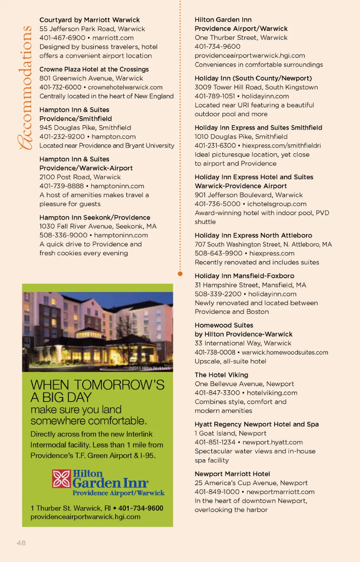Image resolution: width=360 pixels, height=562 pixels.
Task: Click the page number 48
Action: click(x=21, y=543)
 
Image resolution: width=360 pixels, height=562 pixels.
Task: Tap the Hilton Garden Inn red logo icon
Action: click(x=62, y=479)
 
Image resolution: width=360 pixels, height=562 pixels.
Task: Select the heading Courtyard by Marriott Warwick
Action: click(x=89, y=20)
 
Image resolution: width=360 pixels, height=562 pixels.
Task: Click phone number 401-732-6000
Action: click(x=60, y=87)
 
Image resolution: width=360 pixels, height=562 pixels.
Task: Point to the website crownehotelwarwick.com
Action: click(x=125, y=87)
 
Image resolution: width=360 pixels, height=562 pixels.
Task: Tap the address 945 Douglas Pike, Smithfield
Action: click(x=85, y=127)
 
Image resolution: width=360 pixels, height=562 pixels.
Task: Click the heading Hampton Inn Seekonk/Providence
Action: click(x=95, y=217)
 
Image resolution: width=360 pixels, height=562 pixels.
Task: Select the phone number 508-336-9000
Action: click(x=63, y=235)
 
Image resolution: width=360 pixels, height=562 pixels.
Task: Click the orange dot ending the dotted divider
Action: click(x=180, y=274)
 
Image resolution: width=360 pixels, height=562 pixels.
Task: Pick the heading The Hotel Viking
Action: click(x=221, y=375)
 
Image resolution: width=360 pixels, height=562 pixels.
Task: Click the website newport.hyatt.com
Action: click(x=272, y=442)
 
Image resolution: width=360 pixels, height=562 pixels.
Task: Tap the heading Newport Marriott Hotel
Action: click(x=232, y=474)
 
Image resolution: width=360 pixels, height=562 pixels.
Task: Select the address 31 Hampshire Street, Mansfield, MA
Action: click(x=250, y=285)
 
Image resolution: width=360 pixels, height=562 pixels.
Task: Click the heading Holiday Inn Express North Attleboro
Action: click(x=253, y=235)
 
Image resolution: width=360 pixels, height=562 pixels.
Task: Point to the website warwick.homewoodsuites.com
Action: click(x=285, y=352)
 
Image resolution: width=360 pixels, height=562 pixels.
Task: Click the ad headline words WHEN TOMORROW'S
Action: click(x=97, y=385)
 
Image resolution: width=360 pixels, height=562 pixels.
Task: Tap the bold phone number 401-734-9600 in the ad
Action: click(x=141, y=508)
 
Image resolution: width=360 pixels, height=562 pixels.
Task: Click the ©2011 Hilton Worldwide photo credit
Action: click(x=150, y=368)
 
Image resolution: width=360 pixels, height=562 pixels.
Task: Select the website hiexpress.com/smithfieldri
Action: click(x=281, y=145)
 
